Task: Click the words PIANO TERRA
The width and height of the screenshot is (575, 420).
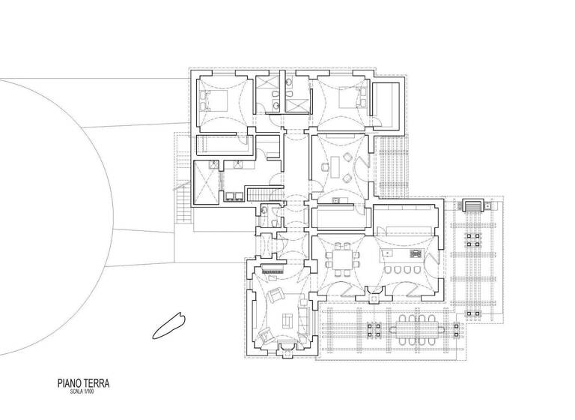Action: pyautogui.click(x=83, y=382)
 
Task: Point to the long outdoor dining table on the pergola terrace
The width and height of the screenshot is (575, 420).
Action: pyautogui.click(x=415, y=327)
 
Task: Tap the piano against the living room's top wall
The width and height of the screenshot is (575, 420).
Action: pyautogui.click(x=273, y=265)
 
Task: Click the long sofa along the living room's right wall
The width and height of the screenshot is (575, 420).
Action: pyautogui.click(x=302, y=315)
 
